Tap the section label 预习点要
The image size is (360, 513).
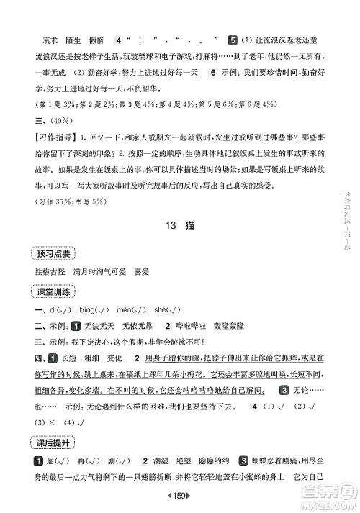[x=51, y=252]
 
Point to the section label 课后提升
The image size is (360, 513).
[x=51, y=440]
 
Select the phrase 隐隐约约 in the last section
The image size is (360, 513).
[x=223, y=460]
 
